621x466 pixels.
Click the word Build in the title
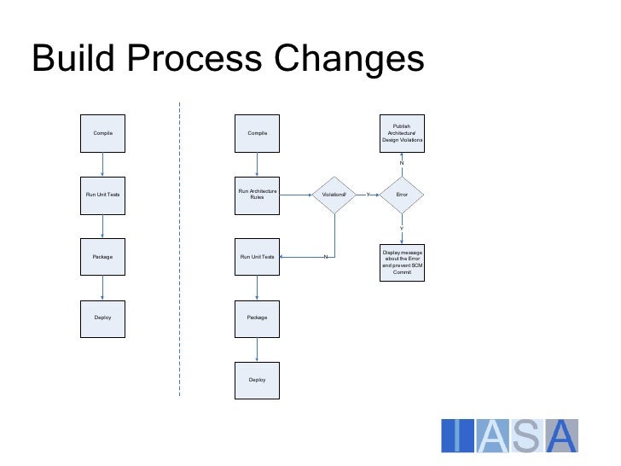pos(76,60)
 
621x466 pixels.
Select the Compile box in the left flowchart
pos(102,133)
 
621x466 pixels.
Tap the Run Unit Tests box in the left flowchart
pos(102,195)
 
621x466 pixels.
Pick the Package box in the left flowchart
pos(102,256)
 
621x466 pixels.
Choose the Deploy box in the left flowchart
pos(102,317)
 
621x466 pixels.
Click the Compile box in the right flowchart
pos(257,133)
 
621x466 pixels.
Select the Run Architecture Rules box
pos(257,195)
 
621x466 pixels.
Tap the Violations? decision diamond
pos(334,195)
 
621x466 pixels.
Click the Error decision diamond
pos(402,195)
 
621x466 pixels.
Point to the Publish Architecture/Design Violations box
pos(402,133)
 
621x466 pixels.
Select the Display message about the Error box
pos(402,262)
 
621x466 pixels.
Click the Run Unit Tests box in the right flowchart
pos(257,256)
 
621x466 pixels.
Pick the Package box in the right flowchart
pos(257,317)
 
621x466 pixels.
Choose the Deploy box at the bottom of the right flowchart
pos(257,379)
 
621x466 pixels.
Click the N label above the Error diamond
pos(402,162)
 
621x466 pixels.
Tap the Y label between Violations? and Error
pos(368,195)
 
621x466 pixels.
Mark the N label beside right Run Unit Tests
pos(326,257)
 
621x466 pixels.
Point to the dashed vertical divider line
pos(180,248)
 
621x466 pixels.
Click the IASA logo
pos(509,435)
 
